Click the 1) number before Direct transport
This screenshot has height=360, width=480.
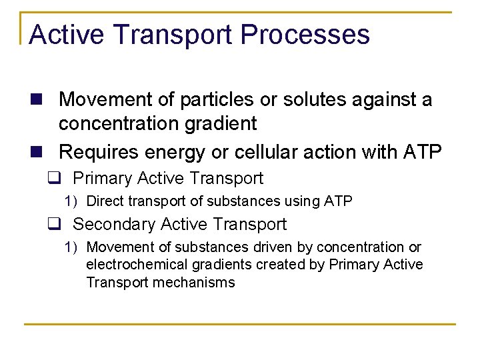[x=71, y=201]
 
